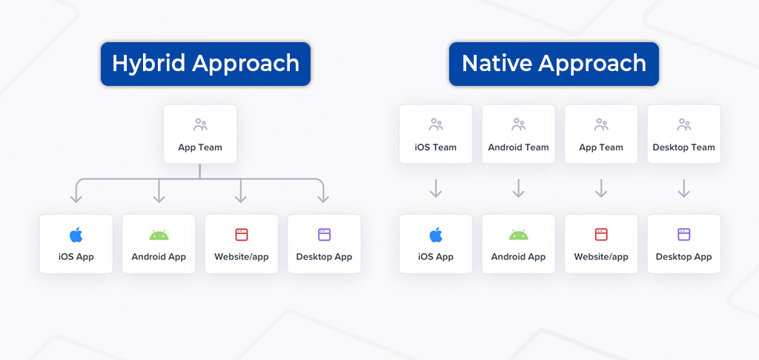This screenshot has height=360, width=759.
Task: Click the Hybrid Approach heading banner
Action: coord(205,64)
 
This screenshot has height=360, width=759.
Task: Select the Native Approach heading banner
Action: coord(554,64)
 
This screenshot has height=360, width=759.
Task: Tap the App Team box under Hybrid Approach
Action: coord(200,134)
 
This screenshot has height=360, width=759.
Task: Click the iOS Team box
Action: coord(436,134)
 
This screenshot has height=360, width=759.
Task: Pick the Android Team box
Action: coord(518,134)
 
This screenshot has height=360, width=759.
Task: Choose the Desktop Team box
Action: coord(684,134)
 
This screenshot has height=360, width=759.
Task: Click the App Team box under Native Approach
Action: coord(601,134)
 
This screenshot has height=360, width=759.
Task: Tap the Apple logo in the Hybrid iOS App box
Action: coord(76,235)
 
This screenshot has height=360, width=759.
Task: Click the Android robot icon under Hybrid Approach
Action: coord(159,235)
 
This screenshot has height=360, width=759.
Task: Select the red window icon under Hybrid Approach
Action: coord(242,235)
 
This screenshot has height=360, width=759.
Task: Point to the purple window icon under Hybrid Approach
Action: coord(325,235)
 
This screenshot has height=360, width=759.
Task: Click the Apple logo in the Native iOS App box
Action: coord(436,235)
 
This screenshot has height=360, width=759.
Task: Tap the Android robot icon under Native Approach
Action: coord(518,235)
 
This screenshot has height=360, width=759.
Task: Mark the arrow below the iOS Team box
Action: coord(436,188)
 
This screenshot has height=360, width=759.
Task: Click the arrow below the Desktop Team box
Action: coord(684,188)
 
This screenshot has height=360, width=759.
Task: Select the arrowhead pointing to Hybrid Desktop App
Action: coord(323,199)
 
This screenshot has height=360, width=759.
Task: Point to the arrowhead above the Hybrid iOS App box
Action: coord(76,199)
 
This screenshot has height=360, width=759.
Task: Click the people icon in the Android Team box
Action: coord(518,125)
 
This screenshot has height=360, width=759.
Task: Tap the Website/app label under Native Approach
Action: coord(601,256)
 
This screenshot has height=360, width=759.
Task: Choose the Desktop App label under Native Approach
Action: coord(684,256)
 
